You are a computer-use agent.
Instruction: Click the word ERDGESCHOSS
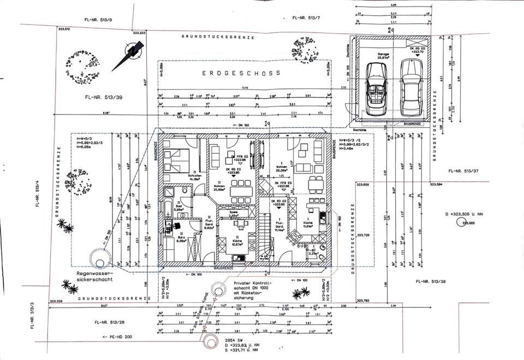point(241,73)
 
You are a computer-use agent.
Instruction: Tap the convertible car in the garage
point(378,88)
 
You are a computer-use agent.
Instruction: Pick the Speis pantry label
point(233,213)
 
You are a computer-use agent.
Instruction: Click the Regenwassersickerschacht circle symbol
point(100,263)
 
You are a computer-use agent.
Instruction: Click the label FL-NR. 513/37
point(462,171)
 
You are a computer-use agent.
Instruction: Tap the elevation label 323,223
point(139,33)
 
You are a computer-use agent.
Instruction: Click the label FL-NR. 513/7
point(307,18)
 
